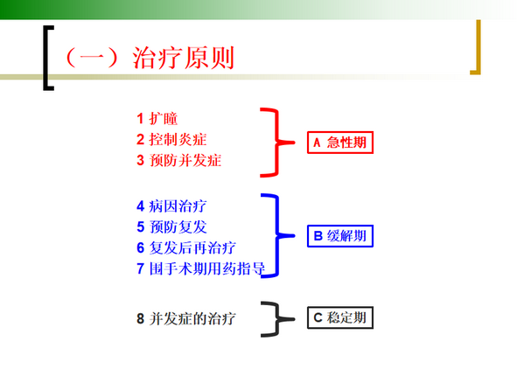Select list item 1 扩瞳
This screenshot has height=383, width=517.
(x=157, y=119)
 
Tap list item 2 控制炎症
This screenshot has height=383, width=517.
(x=171, y=139)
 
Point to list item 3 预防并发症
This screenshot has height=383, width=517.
(x=178, y=160)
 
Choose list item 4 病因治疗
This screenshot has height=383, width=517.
(x=171, y=206)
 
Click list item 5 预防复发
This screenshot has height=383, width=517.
(x=171, y=227)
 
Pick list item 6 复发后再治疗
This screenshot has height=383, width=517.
(x=186, y=247)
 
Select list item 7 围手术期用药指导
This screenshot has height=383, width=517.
(x=200, y=268)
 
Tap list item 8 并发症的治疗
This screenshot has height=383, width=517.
(x=186, y=318)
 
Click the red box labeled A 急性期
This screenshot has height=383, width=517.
(x=340, y=143)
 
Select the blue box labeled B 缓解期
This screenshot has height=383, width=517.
(x=340, y=236)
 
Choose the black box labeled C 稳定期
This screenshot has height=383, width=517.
(x=340, y=317)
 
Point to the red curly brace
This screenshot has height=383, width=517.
(x=277, y=143)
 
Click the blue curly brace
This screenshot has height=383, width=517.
(x=277, y=236)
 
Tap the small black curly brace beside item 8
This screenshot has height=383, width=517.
(x=277, y=319)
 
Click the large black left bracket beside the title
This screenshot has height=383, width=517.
(x=45, y=58)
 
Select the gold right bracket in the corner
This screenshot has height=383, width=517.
(x=479, y=47)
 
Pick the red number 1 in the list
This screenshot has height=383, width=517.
(x=140, y=119)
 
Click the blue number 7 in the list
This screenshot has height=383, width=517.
(x=140, y=268)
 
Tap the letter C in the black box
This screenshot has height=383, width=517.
(x=318, y=317)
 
